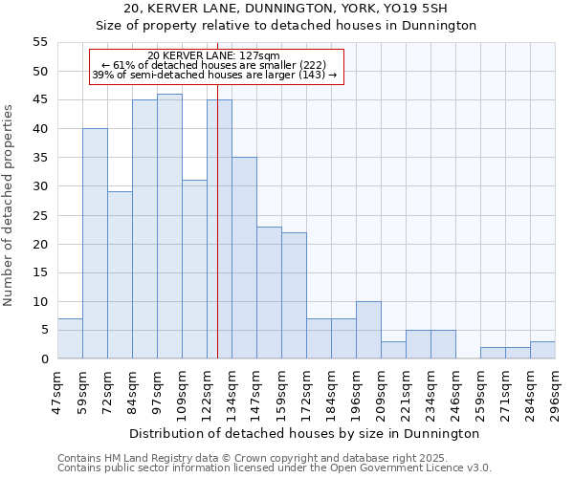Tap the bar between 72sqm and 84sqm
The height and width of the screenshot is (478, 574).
120,275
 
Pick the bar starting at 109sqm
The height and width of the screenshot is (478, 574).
194,270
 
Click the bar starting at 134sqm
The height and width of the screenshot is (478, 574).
244,258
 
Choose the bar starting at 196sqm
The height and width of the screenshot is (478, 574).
368,330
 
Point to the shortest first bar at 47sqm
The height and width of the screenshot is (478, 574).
70,338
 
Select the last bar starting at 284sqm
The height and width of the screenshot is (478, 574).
542,350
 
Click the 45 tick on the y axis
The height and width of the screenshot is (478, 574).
40,100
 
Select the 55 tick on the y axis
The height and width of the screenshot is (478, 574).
40,43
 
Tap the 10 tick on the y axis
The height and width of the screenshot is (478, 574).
40,302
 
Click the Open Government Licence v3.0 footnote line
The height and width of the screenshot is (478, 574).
274,468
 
